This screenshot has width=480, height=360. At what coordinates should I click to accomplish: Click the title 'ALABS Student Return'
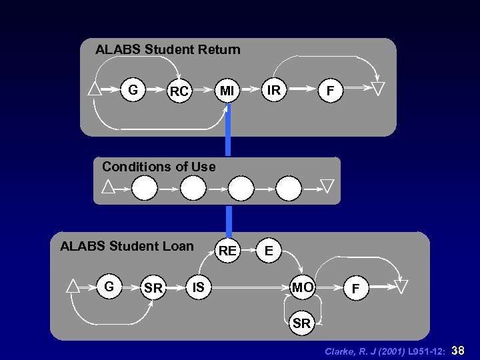[168, 49]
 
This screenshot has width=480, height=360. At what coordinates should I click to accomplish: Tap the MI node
[227, 89]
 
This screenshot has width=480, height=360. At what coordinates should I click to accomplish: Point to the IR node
[273, 88]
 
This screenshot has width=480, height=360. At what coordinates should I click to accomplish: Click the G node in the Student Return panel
[133, 89]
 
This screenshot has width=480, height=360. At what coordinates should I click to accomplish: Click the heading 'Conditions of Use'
[159, 167]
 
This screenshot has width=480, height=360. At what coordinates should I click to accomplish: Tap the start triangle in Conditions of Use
[108, 187]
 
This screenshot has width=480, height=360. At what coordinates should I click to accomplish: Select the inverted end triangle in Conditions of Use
[327, 185]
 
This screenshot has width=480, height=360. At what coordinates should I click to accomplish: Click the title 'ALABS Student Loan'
[127, 246]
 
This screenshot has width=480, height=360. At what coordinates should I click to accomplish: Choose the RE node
[227, 251]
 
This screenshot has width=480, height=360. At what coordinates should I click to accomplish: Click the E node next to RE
[268, 251]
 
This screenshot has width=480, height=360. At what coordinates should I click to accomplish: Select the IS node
[198, 287]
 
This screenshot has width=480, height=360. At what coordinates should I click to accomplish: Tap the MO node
[303, 287]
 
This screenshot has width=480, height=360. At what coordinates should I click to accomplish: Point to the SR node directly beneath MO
[301, 323]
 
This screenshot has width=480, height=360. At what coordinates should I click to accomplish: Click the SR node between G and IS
[153, 288]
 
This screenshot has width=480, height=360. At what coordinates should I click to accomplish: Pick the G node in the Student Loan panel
[109, 287]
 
